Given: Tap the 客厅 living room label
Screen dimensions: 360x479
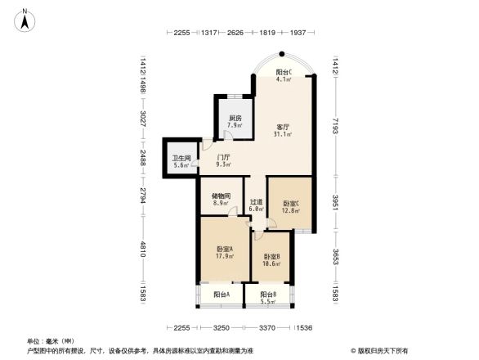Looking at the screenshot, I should tap(284, 127).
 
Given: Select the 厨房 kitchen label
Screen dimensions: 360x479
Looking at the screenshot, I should tap(235, 118).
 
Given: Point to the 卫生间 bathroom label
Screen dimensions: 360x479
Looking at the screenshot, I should tap(181, 158).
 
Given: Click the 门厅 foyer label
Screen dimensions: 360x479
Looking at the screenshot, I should tap(222, 156).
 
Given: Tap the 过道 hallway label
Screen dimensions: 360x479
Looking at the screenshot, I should tap(256, 201).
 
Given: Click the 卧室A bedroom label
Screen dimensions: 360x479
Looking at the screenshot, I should tap(225, 249).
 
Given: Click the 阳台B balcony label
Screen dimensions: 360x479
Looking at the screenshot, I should tap(268, 295).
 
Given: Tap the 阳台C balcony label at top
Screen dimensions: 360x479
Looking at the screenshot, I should tap(284, 71).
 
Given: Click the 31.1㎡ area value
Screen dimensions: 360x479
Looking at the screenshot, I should tap(284, 135).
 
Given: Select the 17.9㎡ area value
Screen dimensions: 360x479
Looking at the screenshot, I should tap(225, 256).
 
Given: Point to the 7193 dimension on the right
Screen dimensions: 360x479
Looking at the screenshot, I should tap(336, 127).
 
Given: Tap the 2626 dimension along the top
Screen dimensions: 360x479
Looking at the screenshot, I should tap(235, 33).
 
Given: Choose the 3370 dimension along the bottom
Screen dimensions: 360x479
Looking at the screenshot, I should tap(266, 327).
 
